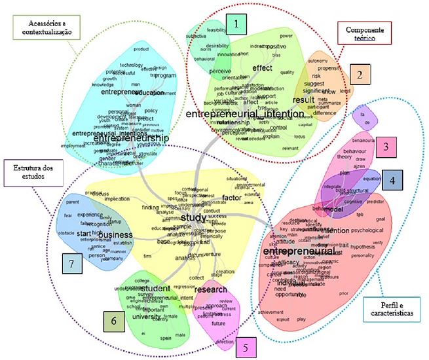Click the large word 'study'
pos(193,217)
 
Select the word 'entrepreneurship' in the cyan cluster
pos(132,139)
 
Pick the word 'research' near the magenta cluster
pos(211,289)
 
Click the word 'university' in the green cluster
pos(146,317)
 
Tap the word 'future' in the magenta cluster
pos(219,323)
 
